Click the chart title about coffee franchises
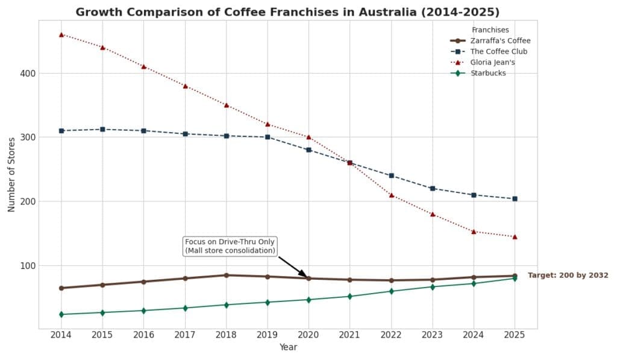287,12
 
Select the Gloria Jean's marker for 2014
61,34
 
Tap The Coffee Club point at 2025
514,198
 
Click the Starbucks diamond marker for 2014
61,314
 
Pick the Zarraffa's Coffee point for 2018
226,275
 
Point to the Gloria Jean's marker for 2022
391,195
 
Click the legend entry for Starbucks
488,73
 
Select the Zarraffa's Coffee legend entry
500,40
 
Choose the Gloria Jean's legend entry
492,62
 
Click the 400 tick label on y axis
27,74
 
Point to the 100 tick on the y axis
27,265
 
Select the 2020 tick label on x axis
308,335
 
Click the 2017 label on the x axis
185,335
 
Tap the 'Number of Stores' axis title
11,175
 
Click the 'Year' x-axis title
288,347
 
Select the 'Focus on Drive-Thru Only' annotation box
230,246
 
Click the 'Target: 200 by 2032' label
568,275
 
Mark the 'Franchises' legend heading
490,30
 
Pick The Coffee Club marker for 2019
268,137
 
